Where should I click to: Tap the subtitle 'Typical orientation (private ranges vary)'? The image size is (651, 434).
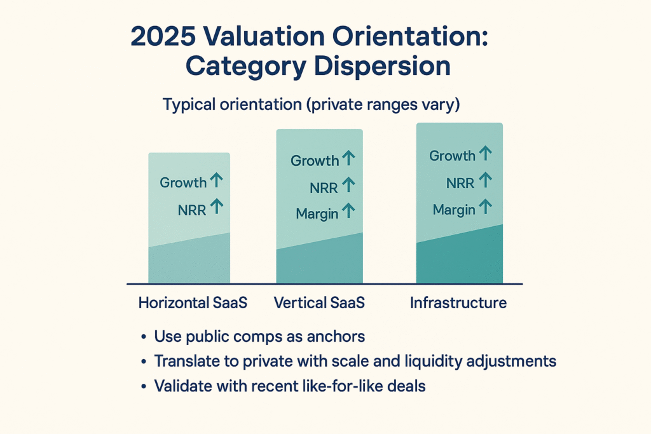click(x=311, y=104)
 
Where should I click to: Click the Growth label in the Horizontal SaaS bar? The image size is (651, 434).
click(x=183, y=183)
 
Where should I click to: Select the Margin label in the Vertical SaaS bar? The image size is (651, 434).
click(x=317, y=214)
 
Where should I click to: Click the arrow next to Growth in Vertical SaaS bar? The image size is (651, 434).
click(x=348, y=159)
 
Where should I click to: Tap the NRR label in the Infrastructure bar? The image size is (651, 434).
click(x=460, y=184)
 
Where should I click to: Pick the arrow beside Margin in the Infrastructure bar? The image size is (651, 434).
click(x=485, y=207)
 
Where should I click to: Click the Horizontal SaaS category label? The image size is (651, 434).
click(x=193, y=303)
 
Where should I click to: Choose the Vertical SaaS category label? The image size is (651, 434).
click(x=319, y=303)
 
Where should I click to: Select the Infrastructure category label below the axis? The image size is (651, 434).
click(x=458, y=303)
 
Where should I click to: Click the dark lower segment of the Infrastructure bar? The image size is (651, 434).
click(x=460, y=261)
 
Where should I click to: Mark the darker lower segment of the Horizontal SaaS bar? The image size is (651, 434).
click(x=189, y=264)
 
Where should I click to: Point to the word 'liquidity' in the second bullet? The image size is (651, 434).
click(x=434, y=362)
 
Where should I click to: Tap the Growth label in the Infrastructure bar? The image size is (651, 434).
click(x=452, y=156)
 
